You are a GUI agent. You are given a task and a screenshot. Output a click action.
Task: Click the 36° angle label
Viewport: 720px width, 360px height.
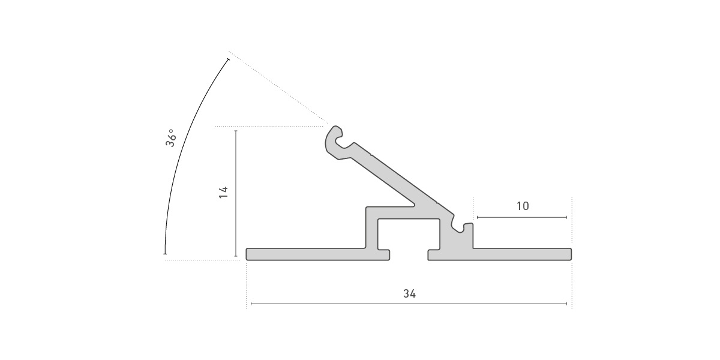(170, 138)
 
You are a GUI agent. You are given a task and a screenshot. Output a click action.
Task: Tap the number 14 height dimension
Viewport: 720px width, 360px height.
(223, 192)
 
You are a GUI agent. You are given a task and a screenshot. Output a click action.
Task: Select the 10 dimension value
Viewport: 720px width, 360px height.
(523, 206)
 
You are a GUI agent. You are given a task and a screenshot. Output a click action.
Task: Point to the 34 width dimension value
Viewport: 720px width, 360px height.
(409, 294)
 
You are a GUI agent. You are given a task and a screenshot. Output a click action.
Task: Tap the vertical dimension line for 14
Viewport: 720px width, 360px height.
(236, 193)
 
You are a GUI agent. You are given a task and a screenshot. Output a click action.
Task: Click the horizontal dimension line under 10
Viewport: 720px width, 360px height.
(522, 218)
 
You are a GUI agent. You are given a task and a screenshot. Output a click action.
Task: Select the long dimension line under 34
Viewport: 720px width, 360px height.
(409, 304)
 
